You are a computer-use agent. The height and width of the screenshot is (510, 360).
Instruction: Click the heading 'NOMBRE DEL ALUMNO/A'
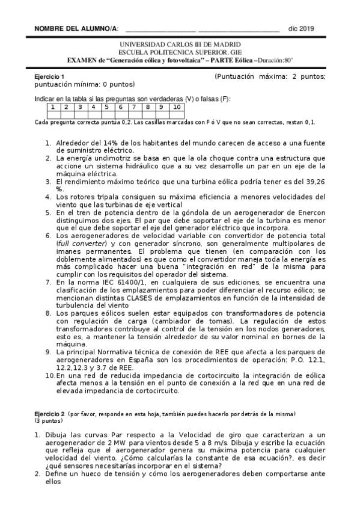[x=76, y=29]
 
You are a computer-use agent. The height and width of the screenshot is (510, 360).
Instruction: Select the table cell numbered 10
[x=176, y=107]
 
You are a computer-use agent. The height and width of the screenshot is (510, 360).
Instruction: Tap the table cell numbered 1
[x=53, y=107]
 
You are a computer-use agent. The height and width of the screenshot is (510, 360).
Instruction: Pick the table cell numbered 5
[x=106, y=107]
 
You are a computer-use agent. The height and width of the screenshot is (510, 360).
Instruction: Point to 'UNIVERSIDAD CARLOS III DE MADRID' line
[x=180, y=45]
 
